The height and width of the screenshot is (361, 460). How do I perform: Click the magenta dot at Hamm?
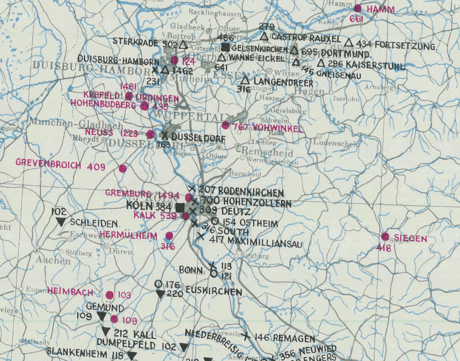pos(357,8)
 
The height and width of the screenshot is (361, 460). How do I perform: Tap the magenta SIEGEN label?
pos(410,238)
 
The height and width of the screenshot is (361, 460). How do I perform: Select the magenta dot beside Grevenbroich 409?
pos(123,168)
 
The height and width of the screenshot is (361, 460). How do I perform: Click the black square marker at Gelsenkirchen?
pos(225,47)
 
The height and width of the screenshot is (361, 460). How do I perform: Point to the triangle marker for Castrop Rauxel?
pos(264,37)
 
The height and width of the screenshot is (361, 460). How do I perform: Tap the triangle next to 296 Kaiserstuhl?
pos(321,63)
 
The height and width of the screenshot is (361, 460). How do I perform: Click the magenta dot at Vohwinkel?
pos(225,125)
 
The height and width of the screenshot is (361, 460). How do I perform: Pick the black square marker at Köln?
pos(180,207)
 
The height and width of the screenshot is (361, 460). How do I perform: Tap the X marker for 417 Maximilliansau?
pos(200,236)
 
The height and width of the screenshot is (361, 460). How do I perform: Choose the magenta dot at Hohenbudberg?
pos(144,106)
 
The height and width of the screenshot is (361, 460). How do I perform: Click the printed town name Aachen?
pos(53,261)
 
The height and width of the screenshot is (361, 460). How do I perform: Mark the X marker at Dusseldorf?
pos(164,136)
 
